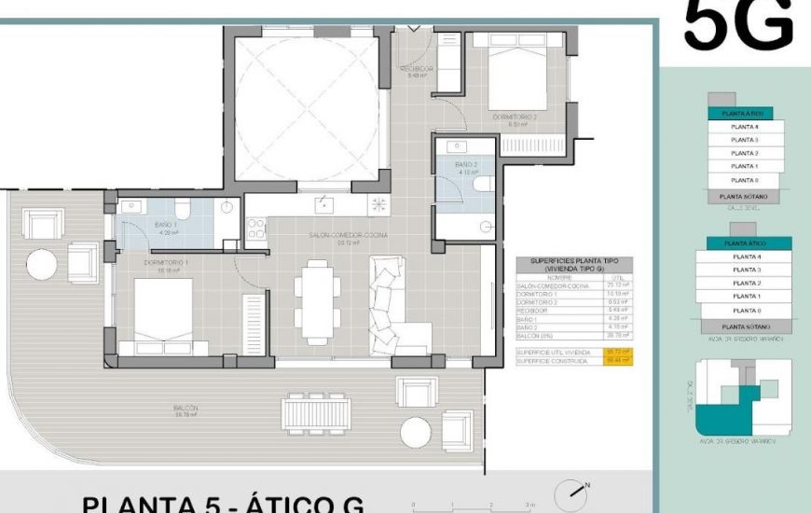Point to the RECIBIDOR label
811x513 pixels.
click(416, 69)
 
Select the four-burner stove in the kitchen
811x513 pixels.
click(255, 229)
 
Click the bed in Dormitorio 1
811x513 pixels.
click(163, 313)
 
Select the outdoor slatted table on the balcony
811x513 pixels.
click(319, 411)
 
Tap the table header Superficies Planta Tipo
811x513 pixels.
click(573, 264)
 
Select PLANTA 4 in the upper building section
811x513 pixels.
click(745, 126)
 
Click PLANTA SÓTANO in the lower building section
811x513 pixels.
click(745, 327)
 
